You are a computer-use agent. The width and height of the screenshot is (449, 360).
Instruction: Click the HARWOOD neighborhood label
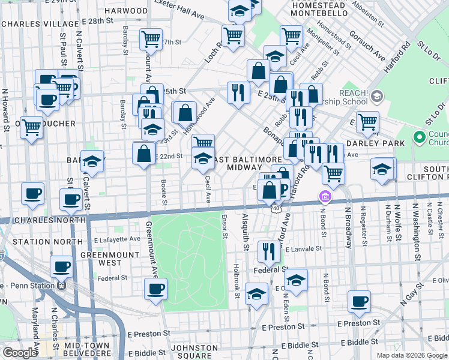click(x=126, y=11)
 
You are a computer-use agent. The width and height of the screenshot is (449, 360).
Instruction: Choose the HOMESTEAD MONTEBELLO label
click(x=310, y=8)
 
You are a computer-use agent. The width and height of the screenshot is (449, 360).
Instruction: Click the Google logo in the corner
click(x=20, y=353)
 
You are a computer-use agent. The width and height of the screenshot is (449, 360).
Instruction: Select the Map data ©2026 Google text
click(x=411, y=355)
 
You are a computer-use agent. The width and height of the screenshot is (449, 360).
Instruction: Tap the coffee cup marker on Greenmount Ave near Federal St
click(x=156, y=289)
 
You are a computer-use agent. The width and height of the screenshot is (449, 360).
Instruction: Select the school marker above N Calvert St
click(x=92, y=161)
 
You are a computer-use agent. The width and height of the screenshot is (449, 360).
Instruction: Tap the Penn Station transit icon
click(x=61, y=286)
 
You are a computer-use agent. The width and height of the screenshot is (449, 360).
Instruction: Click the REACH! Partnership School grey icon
click(x=377, y=96)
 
